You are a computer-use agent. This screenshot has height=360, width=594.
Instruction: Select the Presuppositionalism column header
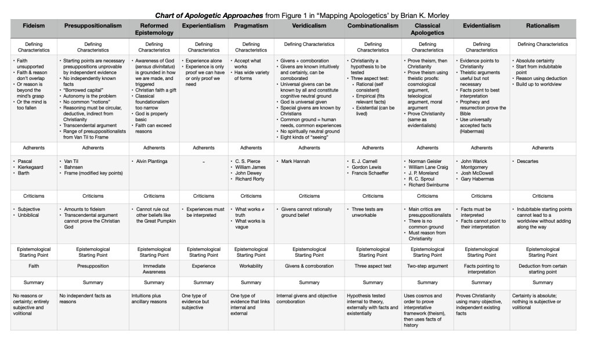click(93, 26)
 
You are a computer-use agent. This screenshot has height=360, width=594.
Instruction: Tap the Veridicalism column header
click(309, 26)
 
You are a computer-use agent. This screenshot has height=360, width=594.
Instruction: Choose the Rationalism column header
click(543, 26)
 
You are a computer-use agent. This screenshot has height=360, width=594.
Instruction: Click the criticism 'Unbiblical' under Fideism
click(29, 214)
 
